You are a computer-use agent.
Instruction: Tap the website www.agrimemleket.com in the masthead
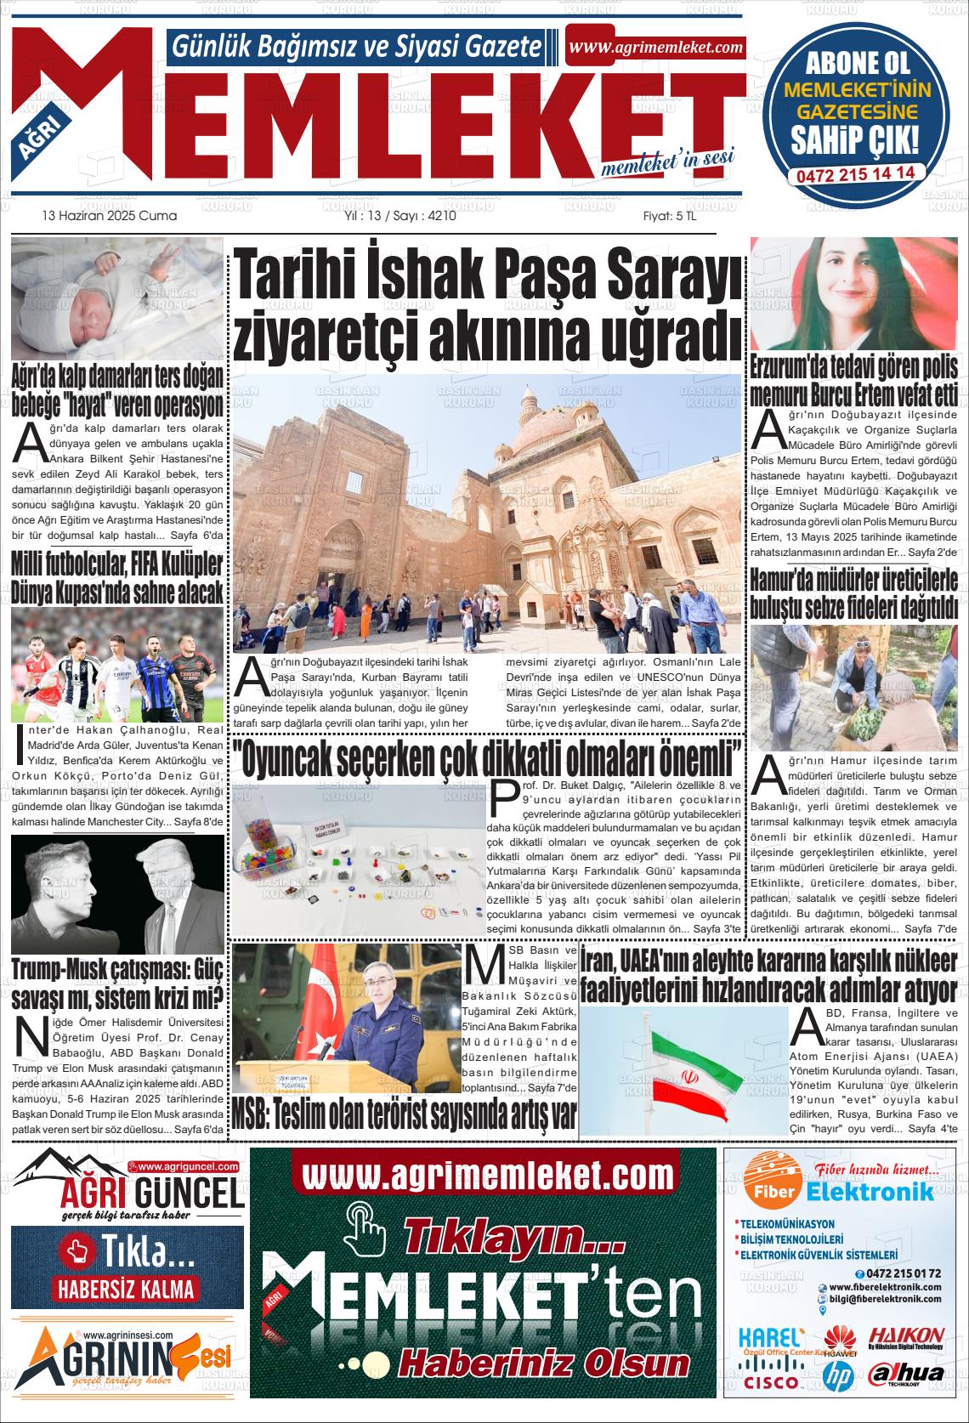[x=656, y=48]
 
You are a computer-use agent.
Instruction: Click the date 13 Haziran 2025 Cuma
[x=110, y=216]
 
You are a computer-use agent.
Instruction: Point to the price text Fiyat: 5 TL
[x=669, y=216]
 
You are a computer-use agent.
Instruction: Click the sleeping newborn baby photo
[x=117, y=299]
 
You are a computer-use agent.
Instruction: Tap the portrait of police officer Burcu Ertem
[x=853, y=295]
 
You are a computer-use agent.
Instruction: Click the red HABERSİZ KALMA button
[x=126, y=1288]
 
